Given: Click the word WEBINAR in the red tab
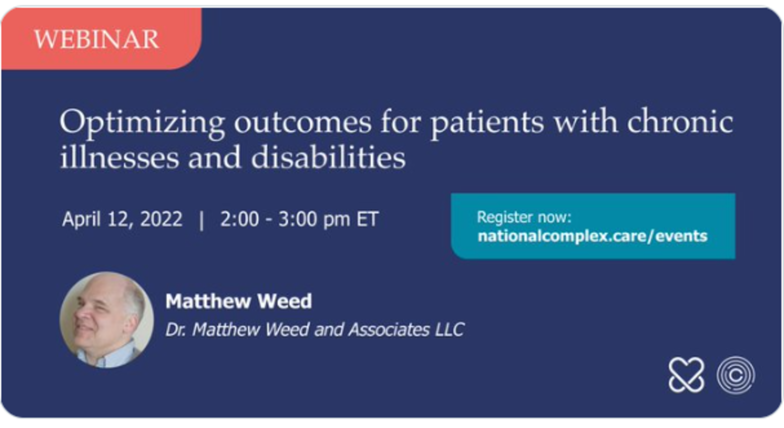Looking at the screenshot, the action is [96, 39].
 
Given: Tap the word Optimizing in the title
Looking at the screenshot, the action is [142, 124].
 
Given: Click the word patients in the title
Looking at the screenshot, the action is [487, 124].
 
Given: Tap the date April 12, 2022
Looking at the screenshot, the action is [122, 219].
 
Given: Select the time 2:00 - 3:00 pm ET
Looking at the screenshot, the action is [299, 219].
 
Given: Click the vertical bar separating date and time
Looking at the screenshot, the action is [201, 220].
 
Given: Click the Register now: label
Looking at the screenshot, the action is [524, 217].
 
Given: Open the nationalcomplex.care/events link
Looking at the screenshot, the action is [592, 236].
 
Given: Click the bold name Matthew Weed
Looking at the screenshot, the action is [239, 301].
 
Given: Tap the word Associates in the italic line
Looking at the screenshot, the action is [389, 329].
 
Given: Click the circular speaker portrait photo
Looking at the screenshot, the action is [107, 320].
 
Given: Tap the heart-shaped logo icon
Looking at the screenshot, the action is [686, 375].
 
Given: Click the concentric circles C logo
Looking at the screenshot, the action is [735, 375].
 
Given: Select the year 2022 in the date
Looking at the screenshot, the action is [161, 219].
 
